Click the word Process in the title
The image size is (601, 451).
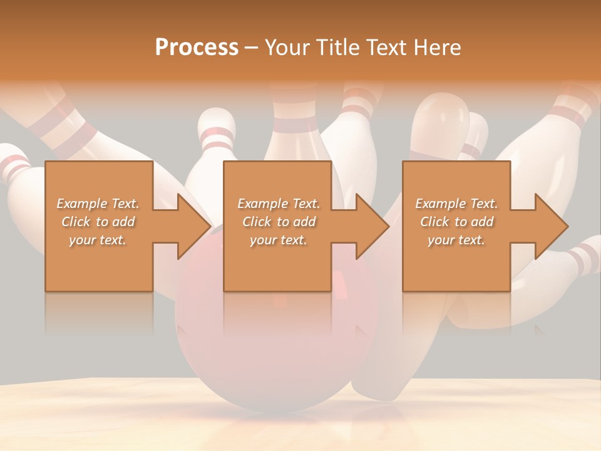click(197, 48)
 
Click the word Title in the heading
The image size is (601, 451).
click(337, 48)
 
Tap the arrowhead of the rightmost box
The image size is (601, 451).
click(550, 226)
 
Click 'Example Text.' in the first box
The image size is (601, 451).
click(98, 204)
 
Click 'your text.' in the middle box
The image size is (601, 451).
click(278, 240)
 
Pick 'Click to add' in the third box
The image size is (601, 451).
click(457, 222)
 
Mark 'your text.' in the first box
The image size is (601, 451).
click(98, 240)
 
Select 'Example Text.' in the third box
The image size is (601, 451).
click(456, 204)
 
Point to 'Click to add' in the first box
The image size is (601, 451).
click(98, 222)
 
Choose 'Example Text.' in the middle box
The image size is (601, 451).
click(279, 204)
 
